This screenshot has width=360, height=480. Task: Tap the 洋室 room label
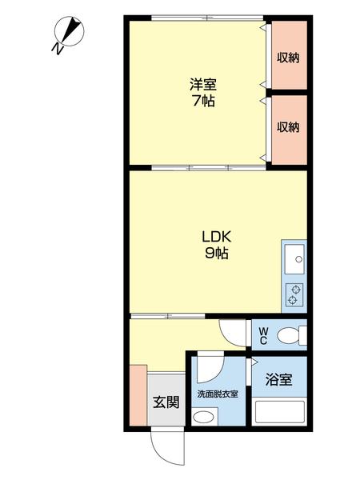coord(203,84)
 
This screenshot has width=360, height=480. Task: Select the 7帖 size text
coord(203,102)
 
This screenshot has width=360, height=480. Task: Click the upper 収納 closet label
coord(288,57)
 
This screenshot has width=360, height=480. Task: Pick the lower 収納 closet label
coord(288,127)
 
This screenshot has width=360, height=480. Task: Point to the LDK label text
coord(215,237)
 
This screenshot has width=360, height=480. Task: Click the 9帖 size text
coord(215,254)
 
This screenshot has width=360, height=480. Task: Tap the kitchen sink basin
coord(294,258)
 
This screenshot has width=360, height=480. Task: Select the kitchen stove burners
coord(294,294)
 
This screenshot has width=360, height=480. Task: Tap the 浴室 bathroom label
coord(279,379)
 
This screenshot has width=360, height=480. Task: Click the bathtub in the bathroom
coord(279,411)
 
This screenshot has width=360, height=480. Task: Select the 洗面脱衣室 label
coord(218,394)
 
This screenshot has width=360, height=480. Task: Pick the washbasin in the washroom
coord(205,416)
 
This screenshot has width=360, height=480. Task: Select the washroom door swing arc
coord(210,368)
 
